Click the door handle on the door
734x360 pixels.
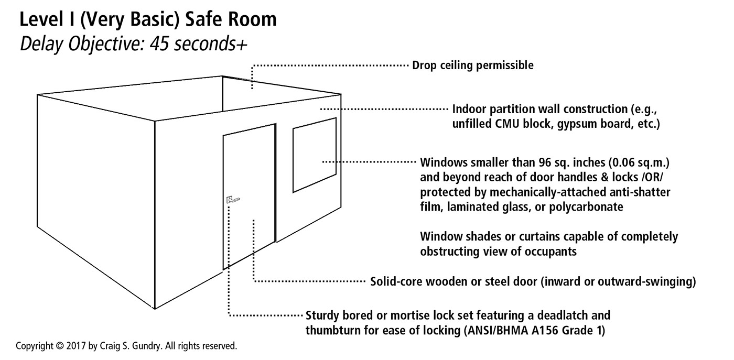[233, 199]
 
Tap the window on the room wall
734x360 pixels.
[314, 155]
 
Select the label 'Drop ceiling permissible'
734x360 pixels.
[473, 66]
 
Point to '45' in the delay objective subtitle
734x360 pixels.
[158, 44]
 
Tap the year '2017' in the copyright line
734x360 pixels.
[74, 346]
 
